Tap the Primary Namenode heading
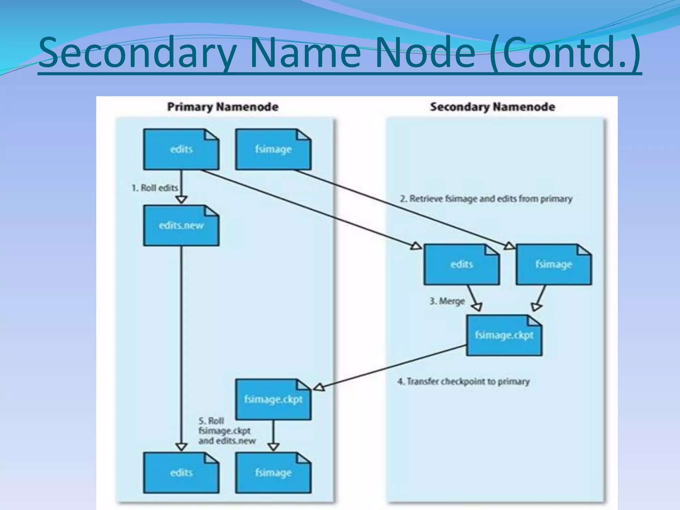(222, 107)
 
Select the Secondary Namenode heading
(492, 107)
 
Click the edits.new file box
(181, 226)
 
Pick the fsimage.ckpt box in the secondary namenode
(504, 335)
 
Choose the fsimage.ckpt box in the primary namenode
(273, 399)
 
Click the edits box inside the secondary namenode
(462, 265)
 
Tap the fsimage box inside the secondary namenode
(553, 265)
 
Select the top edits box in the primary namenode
(181, 149)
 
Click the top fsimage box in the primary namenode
(273, 149)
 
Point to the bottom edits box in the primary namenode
(181, 473)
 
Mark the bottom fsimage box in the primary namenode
(273, 473)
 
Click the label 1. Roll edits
(155, 188)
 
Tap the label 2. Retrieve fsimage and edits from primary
(486, 199)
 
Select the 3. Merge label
(447, 301)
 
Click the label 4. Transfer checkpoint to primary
(464, 382)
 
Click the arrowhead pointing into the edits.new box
(181, 200)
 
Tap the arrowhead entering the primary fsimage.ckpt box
(319, 387)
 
